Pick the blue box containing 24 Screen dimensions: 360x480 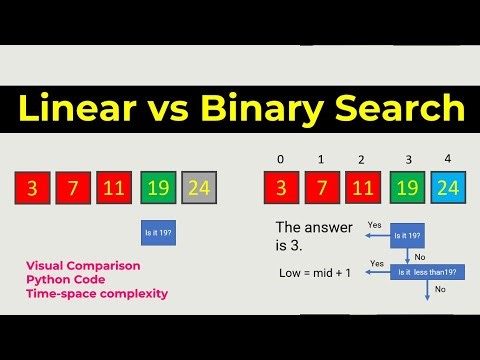447,187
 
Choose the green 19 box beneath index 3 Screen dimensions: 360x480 406,187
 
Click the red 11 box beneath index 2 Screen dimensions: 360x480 363,187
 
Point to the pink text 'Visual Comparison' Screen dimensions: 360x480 82,265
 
